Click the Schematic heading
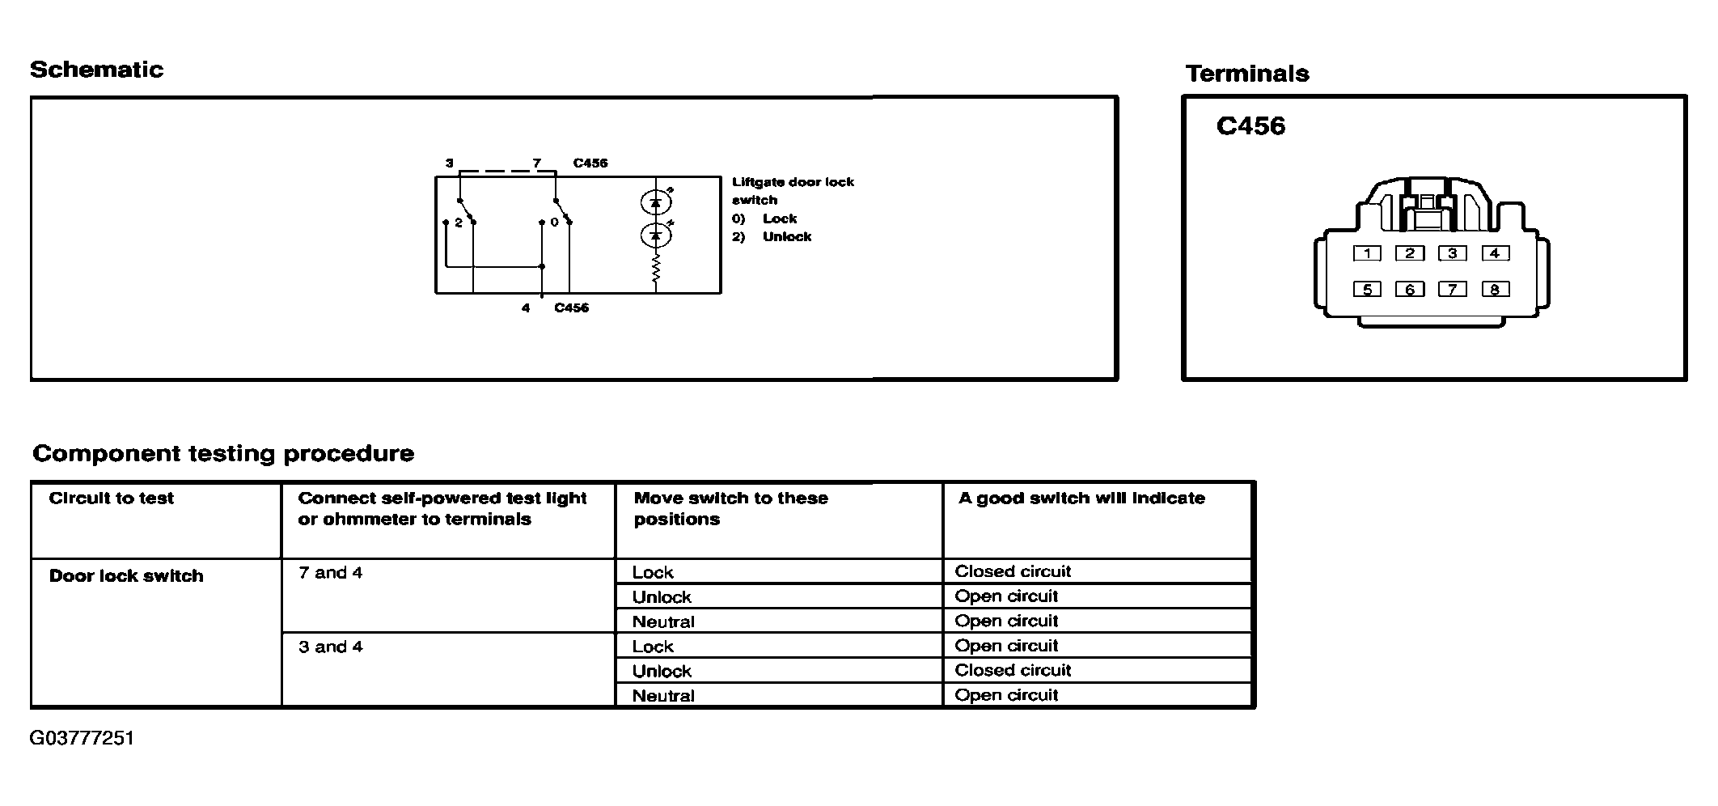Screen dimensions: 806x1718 click(x=96, y=70)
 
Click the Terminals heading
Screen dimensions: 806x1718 click(x=1246, y=74)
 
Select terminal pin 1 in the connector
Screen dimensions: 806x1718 click(x=1367, y=253)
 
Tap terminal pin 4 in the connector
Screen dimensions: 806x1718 click(x=1495, y=253)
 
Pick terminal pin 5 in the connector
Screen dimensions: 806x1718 click(x=1367, y=289)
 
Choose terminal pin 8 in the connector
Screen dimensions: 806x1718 click(x=1495, y=289)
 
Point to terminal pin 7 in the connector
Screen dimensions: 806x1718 click(x=1453, y=289)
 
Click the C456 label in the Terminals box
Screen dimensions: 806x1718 click(x=1250, y=126)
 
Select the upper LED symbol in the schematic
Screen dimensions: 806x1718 click(x=656, y=201)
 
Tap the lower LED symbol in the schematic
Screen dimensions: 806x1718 click(x=656, y=235)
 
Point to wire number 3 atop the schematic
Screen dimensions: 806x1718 click(x=449, y=163)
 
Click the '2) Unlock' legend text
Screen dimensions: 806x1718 click(x=772, y=237)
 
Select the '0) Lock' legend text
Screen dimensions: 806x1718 click(x=764, y=218)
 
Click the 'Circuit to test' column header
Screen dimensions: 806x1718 click(x=112, y=498)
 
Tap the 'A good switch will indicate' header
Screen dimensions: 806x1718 click(x=1081, y=498)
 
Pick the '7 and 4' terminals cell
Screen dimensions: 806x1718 click(x=330, y=573)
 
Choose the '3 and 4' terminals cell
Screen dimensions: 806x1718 click(x=330, y=647)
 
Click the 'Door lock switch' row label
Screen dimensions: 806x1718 click(x=126, y=576)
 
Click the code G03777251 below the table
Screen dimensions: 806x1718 click(x=82, y=738)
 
